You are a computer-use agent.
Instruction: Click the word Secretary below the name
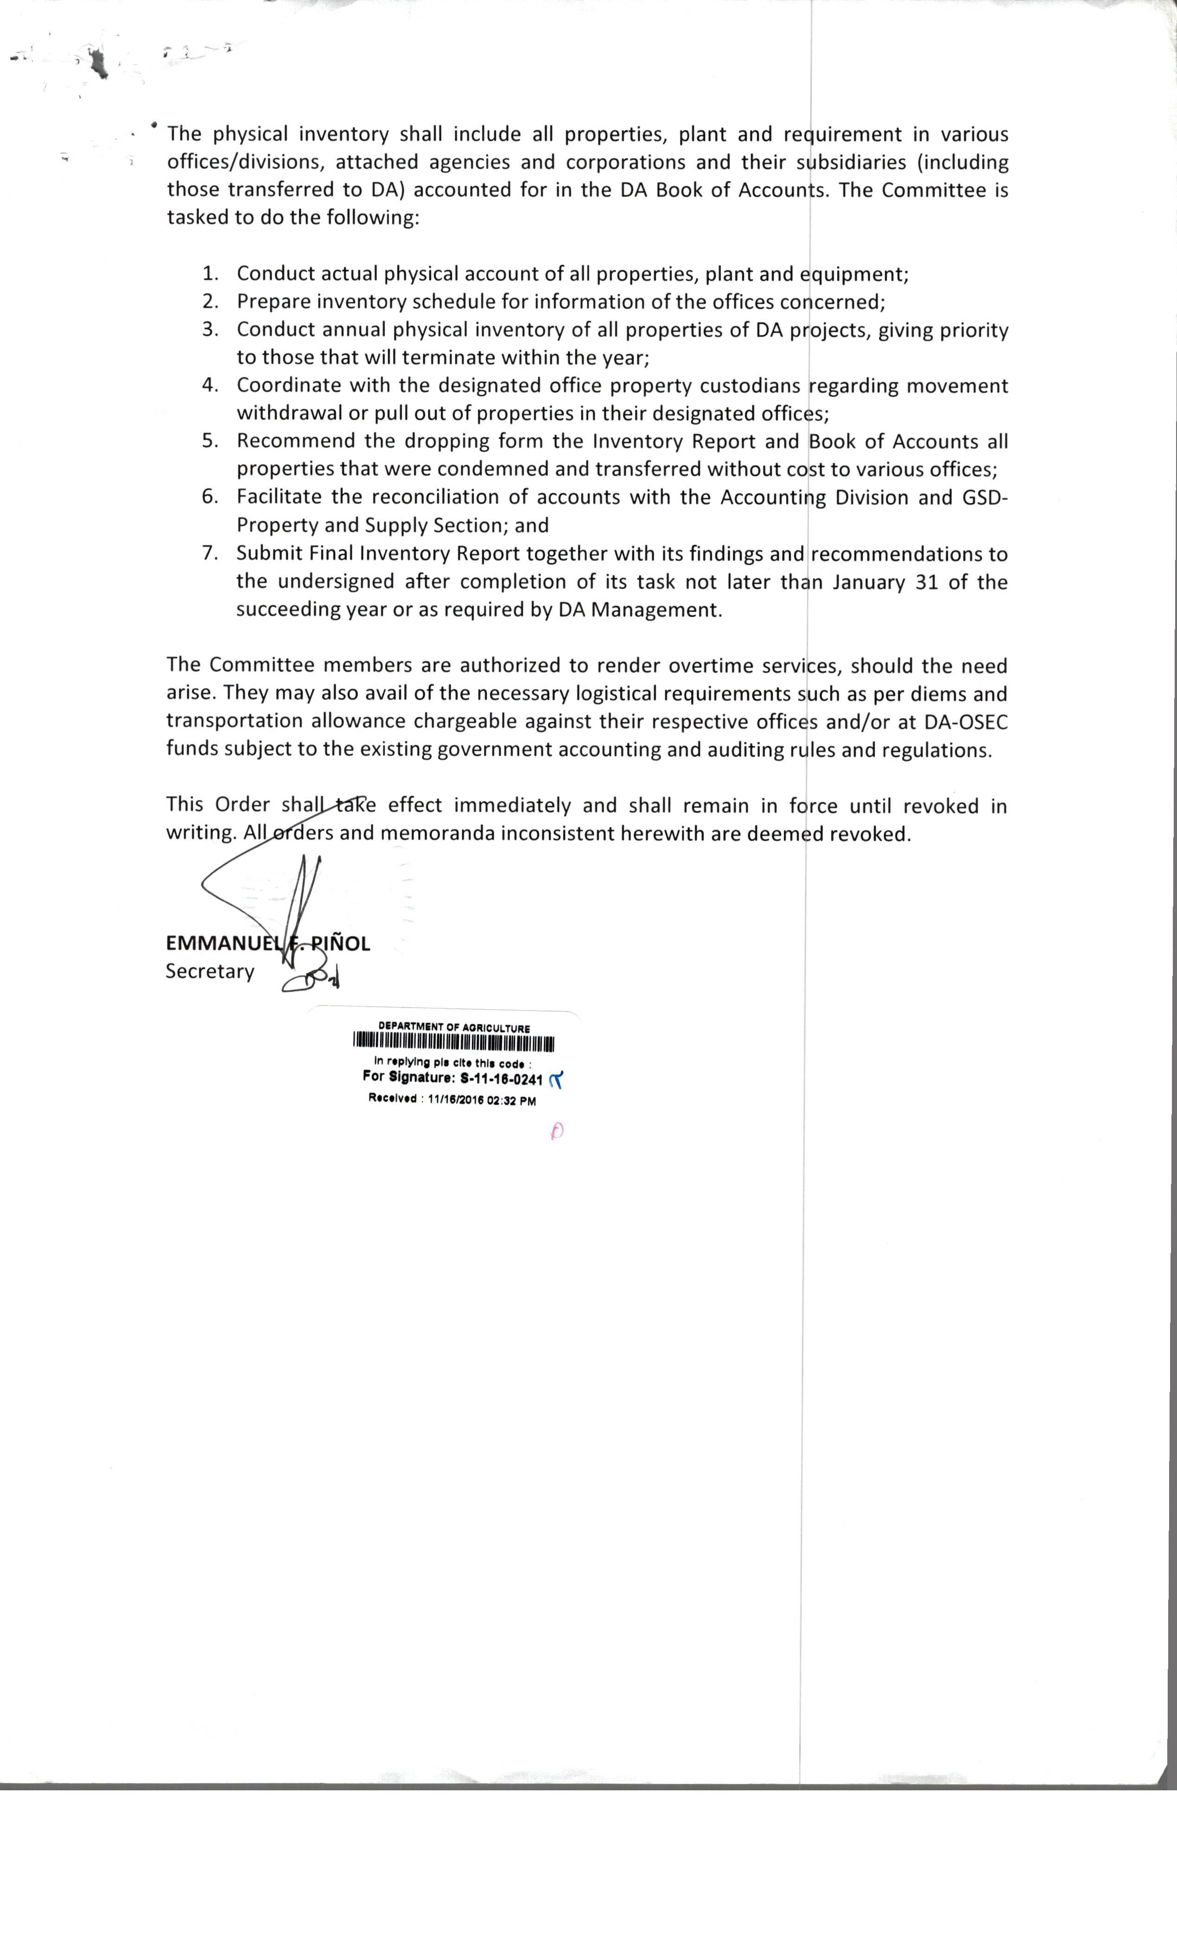point(210,972)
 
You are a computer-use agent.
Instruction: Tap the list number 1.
point(210,274)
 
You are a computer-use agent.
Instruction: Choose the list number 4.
point(210,385)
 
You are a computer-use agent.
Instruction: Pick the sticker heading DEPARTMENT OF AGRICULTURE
point(454,1028)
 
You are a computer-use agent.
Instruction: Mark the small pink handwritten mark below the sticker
point(557,1131)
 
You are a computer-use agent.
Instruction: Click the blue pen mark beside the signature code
point(556,1080)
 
